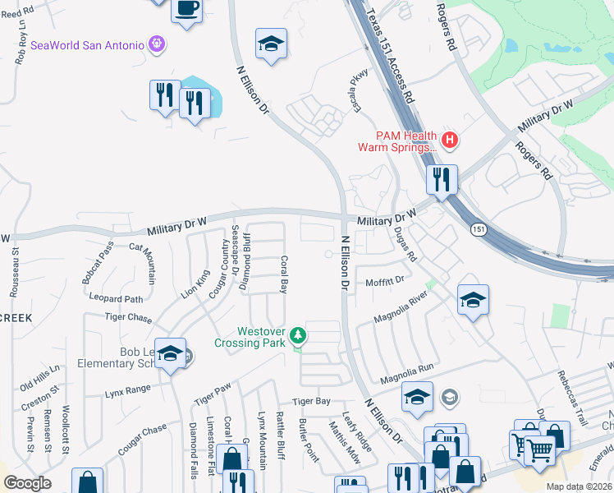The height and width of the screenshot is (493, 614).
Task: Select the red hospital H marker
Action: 448,140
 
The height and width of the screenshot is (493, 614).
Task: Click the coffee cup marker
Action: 186,10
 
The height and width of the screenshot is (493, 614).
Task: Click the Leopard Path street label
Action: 117,299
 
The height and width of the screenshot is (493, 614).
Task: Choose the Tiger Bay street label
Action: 311,401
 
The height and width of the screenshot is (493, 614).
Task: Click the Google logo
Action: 26,483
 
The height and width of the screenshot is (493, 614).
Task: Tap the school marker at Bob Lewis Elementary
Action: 170,354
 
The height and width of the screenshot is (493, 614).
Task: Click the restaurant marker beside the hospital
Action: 442,178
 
